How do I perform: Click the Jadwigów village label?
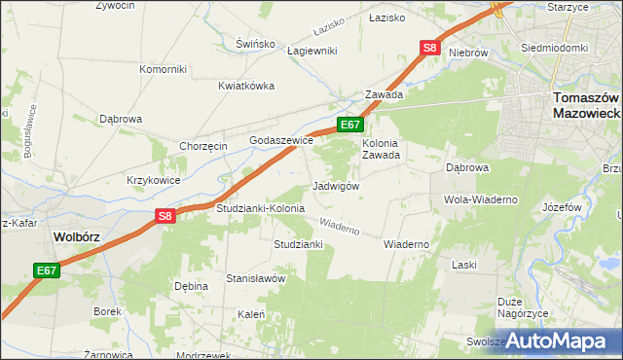pyautogui.click(x=338, y=186)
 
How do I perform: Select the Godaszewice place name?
pyautogui.click(x=281, y=140)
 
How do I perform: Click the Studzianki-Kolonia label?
pyautogui.click(x=260, y=208)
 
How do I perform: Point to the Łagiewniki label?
pyautogui.click(x=311, y=52)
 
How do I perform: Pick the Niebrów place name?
pyautogui.click(x=468, y=52)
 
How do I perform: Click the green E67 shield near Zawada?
pyautogui.click(x=350, y=125)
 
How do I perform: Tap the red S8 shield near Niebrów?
pyautogui.click(x=431, y=47)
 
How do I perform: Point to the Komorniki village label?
pyautogui.click(x=163, y=69)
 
